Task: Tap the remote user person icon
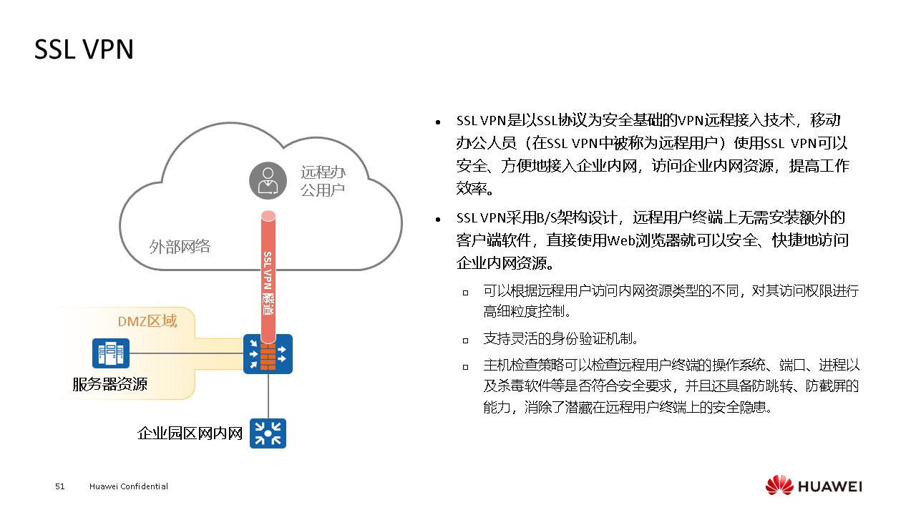tap(268, 180)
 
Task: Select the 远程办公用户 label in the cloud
tap(323, 181)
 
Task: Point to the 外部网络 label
tap(180, 247)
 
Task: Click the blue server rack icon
tap(111, 353)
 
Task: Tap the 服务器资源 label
tap(109, 384)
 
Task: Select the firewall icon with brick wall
tap(268, 353)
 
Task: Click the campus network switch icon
tap(268, 433)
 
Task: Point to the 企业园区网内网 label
tap(190, 433)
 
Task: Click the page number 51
tap(60, 486)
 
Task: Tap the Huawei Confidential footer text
tap(129, 486)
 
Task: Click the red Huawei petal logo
tap(779, 486)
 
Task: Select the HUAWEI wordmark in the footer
tap(830, 486)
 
